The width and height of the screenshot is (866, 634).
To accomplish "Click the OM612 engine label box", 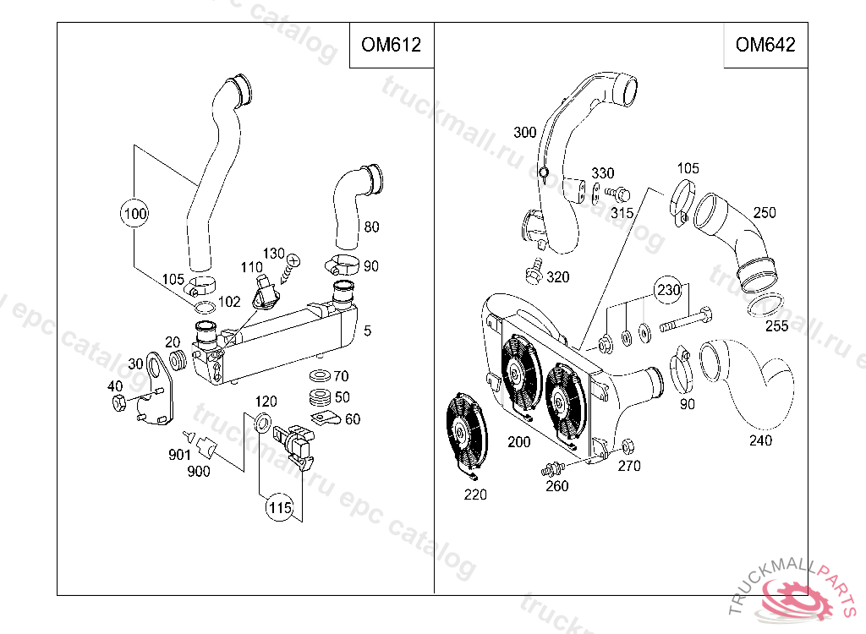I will (x=391, y=45).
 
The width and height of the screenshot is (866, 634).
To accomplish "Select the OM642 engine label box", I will (x=765, y=45).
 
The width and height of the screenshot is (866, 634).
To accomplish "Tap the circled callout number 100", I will (x=134, y=213).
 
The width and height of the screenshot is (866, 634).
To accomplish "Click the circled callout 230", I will (x=669, y=290).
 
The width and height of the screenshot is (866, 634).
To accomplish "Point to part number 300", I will (x=525, y=133).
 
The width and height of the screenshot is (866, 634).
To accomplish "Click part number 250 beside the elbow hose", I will (x=765, y=213).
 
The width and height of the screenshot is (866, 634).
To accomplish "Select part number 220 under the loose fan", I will (x=475, y=495).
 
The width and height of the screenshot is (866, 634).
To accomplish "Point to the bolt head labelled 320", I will (x=534, y=272).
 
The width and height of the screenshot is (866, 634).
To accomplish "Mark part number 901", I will (x=178, y=454).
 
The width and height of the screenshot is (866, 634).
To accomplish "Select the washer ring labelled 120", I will (x=263, y=423).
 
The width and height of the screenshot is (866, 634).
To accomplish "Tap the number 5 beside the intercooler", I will (x=366, y=331).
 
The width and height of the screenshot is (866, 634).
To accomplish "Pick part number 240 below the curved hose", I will (x=760, y=440).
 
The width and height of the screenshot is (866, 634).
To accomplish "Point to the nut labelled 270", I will (x=627, y=446).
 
